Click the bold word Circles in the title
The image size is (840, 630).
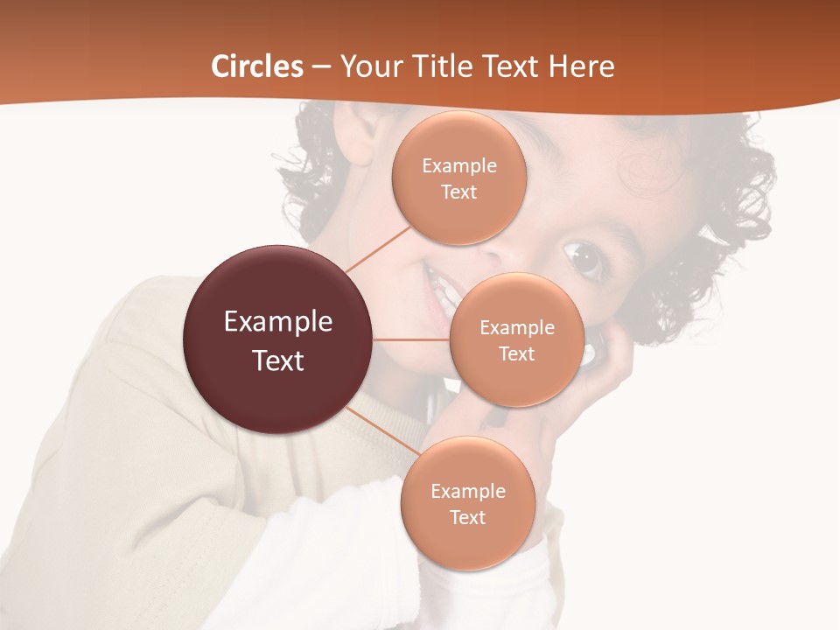(256, 66)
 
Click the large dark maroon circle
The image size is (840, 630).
(277, 339)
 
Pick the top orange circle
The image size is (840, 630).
(458, 178)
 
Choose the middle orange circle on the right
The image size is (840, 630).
(516, 339)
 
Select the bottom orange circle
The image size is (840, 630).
(467, 503)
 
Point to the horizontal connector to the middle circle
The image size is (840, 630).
(411, 339)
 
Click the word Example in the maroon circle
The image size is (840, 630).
(277, 322)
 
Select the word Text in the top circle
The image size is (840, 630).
(458, 192)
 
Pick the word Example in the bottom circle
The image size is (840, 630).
(467, 491)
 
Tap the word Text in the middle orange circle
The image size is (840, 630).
(516, 354)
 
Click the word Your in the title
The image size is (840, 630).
(367, 66)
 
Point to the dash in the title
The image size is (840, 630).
(320, 67)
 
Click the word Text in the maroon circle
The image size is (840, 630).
(277, 360)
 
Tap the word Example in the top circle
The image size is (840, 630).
(458, 166)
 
